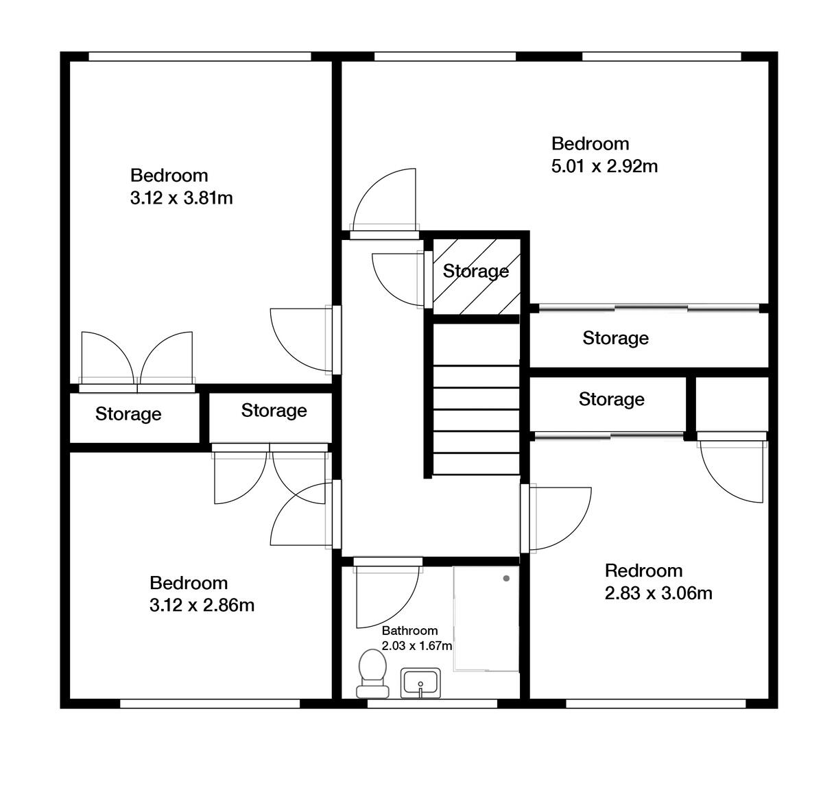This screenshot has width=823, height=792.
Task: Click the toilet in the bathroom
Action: (x=372, y=673)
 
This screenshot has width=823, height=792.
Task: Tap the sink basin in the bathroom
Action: (x=420, y=684)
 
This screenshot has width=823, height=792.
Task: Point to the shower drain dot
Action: (x=506, y=579)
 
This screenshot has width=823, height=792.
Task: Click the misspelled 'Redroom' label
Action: (x=643, y=571)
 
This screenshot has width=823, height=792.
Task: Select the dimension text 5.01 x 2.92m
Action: (x=604, y=166)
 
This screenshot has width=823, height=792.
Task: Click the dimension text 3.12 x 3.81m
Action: (x=181, y=198)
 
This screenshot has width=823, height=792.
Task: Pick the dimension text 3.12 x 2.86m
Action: (x=202, y=605)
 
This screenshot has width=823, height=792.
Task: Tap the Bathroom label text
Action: (x=409, y=631)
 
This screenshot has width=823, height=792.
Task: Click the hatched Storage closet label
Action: (x=475, y=272)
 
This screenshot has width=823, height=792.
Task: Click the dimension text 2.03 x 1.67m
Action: (x=416, y=646)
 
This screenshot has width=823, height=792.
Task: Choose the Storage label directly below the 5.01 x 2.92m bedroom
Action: (x=615, y=338)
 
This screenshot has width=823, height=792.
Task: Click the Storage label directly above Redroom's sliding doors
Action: (x=611, y=399)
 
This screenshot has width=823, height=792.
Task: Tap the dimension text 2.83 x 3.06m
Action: (x=658, y=593)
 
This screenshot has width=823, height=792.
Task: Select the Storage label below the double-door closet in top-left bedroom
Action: (x=128, y=414)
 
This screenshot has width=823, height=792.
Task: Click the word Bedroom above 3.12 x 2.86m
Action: (x=189, y=583)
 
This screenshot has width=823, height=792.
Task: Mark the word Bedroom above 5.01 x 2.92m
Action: (x=590, y=144)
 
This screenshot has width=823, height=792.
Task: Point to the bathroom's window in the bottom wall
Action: (x=432, y=703)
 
